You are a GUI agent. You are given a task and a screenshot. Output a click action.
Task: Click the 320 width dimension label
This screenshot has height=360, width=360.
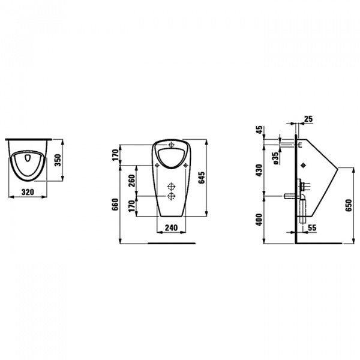coord(28,192)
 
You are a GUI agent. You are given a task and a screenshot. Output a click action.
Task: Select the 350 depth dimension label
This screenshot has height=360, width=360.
coord(58,160)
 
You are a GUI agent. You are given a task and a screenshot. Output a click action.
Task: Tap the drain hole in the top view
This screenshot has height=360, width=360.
coord(28,158)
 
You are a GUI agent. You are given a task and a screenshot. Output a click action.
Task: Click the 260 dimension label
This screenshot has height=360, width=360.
coord(131,181)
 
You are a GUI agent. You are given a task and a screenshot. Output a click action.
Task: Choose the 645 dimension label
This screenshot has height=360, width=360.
coord(202,177)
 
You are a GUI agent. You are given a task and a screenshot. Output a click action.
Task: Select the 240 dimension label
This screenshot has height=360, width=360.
coord(171,227)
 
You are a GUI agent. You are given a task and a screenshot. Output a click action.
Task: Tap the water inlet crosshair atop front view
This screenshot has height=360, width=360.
coord(171,145)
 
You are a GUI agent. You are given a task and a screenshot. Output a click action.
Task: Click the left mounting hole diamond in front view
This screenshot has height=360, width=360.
coord(157,165)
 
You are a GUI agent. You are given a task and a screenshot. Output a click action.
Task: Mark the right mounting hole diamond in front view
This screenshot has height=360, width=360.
coord(186,165)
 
